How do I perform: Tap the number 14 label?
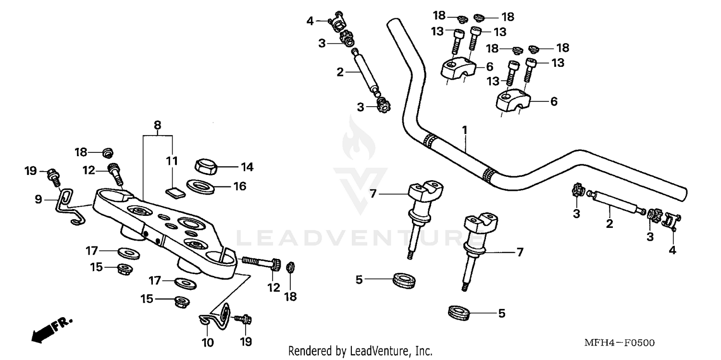(x=247, y=167)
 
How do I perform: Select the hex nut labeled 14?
(x=206, y=166)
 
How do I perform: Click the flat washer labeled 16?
(x=200, y=185)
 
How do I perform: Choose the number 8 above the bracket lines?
(x=158, y=125)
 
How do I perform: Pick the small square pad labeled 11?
(x=175, y=193)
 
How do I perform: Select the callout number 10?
(x=208, y=343)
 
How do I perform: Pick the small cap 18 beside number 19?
(x=290, y=267)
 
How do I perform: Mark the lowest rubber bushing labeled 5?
(x=459, y=312)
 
